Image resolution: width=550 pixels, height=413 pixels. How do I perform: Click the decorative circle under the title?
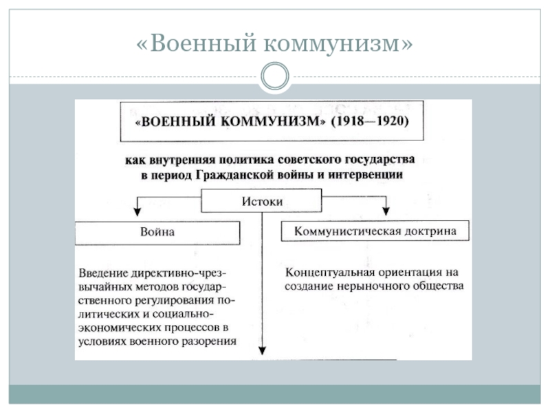(275, 76)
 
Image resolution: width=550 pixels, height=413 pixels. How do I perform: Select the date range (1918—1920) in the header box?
(370, 121)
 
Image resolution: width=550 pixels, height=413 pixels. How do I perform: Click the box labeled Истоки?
(261, 202)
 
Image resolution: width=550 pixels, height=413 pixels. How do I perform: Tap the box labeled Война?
(157, 232)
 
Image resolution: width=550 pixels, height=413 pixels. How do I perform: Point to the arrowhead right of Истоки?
(387, 209)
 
